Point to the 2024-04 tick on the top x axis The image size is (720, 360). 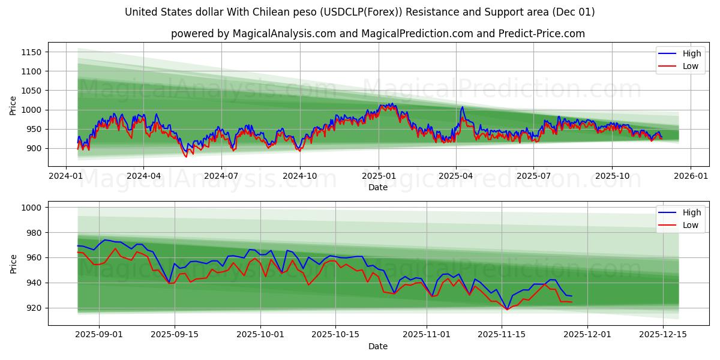tap(143, 176)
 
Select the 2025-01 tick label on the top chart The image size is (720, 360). tap(378, 176)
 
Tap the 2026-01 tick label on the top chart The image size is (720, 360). tap(690, 176)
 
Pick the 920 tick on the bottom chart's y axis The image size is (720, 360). tap(34, 308)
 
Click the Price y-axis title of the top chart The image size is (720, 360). tap(13, 106)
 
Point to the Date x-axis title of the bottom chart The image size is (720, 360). tap(378, 346)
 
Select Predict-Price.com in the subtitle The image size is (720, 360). tap(541, 34)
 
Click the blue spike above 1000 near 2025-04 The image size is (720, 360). tap(462, 107)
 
